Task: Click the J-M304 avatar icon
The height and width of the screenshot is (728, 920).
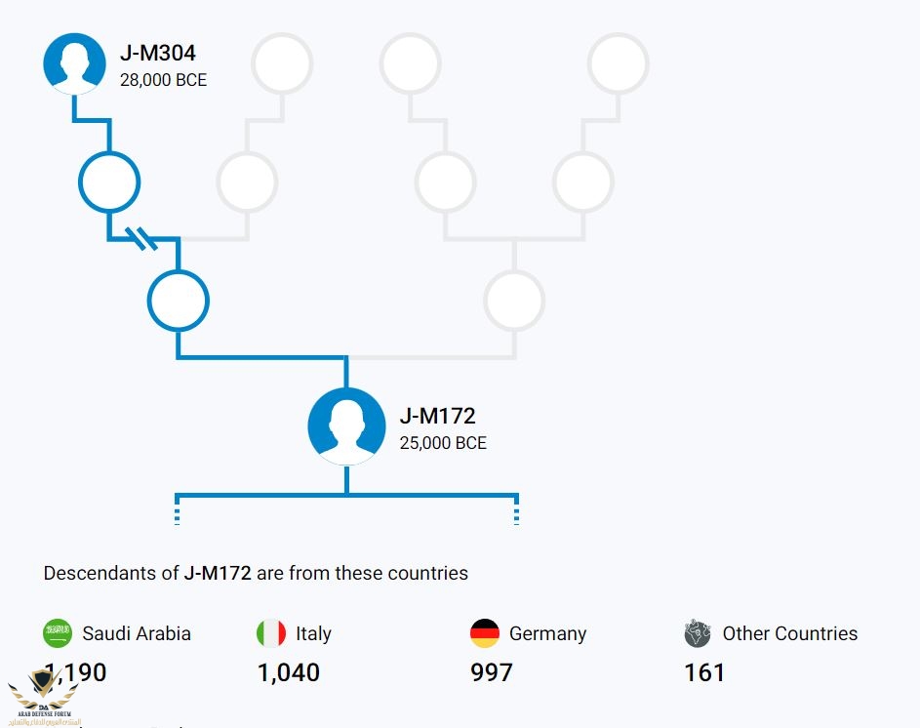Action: (x=74, y=63)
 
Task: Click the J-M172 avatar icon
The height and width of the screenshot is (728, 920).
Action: (x=346, y=426)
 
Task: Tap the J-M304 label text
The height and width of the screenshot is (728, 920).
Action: (x=158, y=54)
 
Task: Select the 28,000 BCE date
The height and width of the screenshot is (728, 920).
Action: (x=163, y=80)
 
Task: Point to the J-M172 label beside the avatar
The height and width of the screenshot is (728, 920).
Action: (x=437, y=416)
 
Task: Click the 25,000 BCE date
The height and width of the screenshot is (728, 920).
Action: (x=443, y=443)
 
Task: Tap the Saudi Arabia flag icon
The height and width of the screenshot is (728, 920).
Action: (x=58, y=633)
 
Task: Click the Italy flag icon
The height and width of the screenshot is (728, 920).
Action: (x=271, y=633)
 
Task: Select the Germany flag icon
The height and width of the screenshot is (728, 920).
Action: (x=485, y=633)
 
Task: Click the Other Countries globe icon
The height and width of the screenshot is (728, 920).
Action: (x=698, y=633)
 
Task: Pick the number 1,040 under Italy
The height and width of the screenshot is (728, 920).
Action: (x=289, y=672)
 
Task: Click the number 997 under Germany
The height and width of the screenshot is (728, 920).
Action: (x=492, y=672)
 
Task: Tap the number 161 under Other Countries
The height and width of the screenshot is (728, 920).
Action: (x=704, y=672)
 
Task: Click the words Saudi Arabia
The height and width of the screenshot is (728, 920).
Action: (x=137, y=633)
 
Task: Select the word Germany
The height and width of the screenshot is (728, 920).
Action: (x=547, y=633)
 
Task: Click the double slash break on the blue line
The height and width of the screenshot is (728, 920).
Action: (x=144, y=237)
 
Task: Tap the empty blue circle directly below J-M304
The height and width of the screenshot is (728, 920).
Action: (x=109, y=182)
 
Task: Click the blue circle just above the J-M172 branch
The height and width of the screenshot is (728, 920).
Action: (x=178, y=301)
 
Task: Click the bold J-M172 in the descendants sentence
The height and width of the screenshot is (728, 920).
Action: (x=218, y=573)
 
